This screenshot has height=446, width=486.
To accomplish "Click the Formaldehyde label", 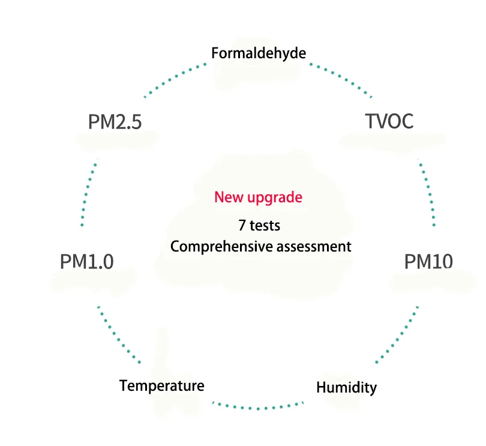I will (x=259, y=53).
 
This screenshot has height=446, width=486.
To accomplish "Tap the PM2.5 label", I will (x=115, y=122).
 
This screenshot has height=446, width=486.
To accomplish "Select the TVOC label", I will (x=389, y=121).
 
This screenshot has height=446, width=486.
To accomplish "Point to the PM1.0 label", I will (x=86, y=262).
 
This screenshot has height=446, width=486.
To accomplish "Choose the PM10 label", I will (x=428, y=262).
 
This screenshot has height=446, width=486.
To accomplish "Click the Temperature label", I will (x=161, y=385).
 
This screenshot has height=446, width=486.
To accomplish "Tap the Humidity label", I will (x=346, y=387).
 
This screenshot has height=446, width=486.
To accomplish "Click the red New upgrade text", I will (x=258, y=197).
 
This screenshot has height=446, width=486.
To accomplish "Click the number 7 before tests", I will (x=241, y=226).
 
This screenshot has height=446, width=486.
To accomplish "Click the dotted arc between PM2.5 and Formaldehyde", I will (x=174, y=78).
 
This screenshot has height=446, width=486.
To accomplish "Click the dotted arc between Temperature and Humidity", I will (x=258, y=408).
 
